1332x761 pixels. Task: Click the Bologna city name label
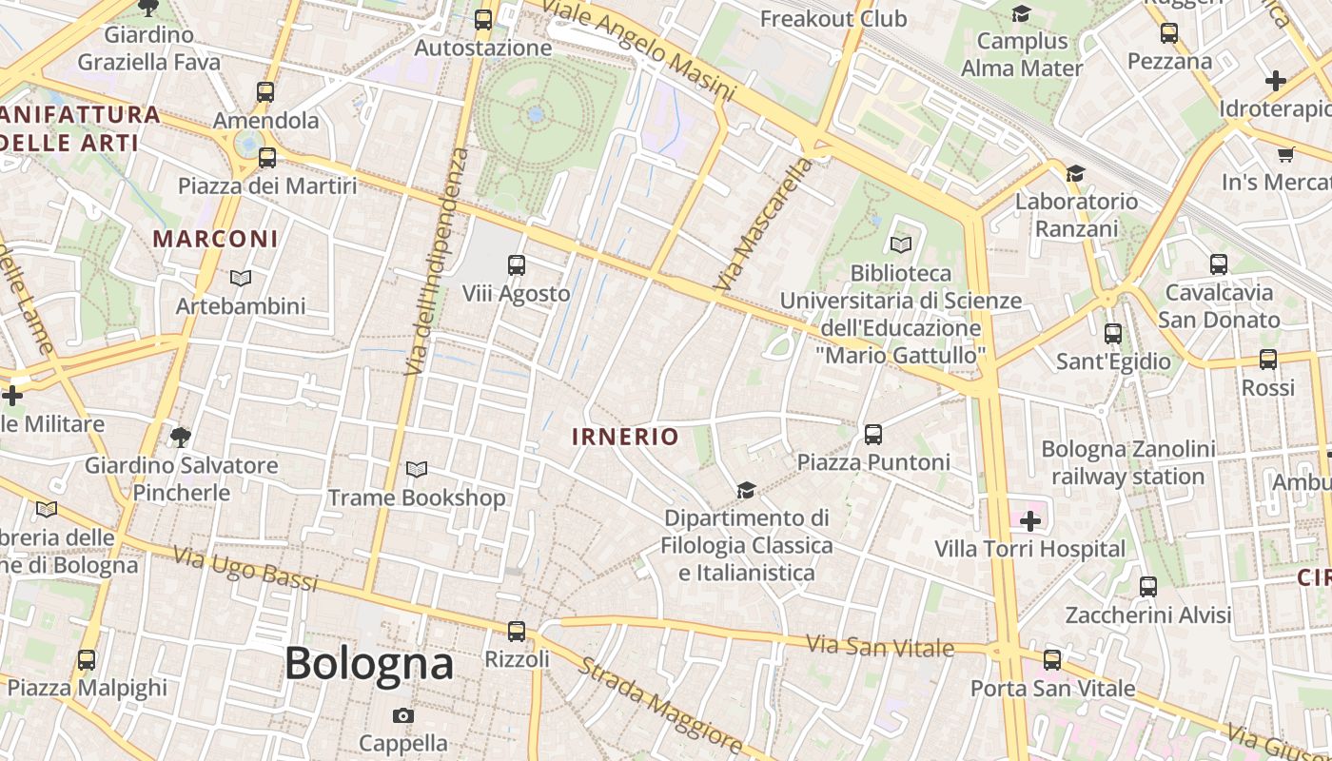coord(369,663)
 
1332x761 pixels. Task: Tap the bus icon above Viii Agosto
coord(517,265)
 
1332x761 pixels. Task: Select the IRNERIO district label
coord(625,437)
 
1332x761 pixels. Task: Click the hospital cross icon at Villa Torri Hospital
coord(1029,521)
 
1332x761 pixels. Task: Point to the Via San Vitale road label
coord(880,647)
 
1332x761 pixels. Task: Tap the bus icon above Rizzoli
coord(517,631)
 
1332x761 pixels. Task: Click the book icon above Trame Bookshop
coord(416,469)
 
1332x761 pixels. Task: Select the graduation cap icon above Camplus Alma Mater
coord(1022,13)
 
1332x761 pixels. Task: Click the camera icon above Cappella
coord(403,715)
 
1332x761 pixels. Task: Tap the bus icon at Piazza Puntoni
coord(873,435)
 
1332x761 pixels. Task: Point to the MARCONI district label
coord(216,239)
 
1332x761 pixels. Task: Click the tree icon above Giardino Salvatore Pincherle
coord(181,437)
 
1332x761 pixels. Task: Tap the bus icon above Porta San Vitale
coord(1052,659)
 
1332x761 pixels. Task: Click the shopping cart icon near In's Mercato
coord(1285,154)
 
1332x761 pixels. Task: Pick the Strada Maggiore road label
coord(659,702)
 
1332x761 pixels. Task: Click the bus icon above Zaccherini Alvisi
coord(1148,587)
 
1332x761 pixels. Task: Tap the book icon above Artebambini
coord(241,278)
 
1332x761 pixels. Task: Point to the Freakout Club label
coord(833,18)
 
